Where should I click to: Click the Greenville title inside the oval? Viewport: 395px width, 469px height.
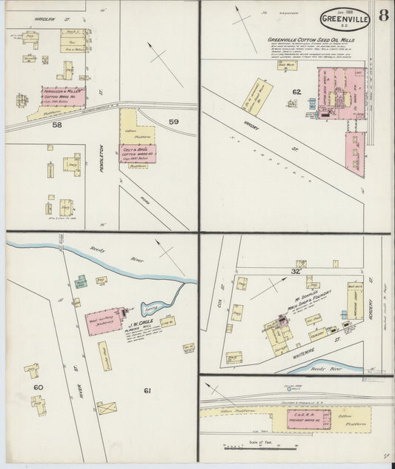(x=348, y=19)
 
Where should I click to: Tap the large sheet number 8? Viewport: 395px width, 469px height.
(x=384, y=17)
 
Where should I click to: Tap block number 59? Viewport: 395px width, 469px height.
(x=173, y=121)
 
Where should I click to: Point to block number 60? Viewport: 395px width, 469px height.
(x=38, y=387)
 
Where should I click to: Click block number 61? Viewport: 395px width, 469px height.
(x=147, y=390)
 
